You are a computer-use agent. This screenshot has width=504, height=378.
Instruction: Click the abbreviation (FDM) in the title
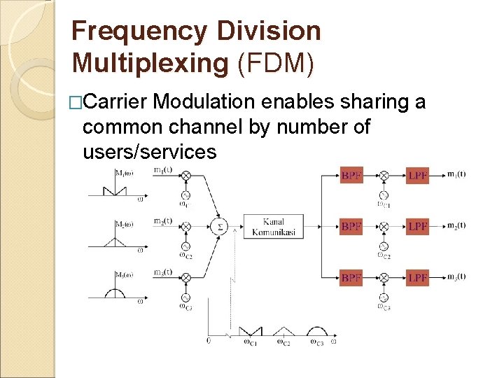[x=276, y=63]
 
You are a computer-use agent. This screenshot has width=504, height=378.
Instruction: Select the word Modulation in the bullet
[x=204, y=102]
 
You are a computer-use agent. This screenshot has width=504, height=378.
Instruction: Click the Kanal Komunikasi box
[x=273, y=226]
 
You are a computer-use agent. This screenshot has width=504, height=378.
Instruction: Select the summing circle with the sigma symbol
[x=219, y=226]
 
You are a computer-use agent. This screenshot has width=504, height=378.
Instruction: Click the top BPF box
[x=351, y=175]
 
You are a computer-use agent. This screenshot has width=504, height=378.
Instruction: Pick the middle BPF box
[x=351, y=226]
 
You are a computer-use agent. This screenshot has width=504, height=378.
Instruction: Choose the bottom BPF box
[x=351, y=278]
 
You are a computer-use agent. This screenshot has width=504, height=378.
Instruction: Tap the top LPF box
[x=417, y=175]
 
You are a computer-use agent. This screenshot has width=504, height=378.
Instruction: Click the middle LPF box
[x=417, y=226]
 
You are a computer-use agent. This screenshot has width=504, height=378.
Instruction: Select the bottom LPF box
[x=417, y=278]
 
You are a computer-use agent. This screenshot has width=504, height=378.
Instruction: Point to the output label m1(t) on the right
[x=456, y=174]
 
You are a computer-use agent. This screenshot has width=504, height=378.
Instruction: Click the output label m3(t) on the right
[x=456, y=277]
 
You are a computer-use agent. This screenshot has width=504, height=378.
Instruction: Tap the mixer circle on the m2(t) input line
[x=185, y=226]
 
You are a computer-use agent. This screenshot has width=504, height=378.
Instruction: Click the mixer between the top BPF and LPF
[x=384, y=175]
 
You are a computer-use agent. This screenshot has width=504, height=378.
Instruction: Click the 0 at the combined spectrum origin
[x=208, y=341]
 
